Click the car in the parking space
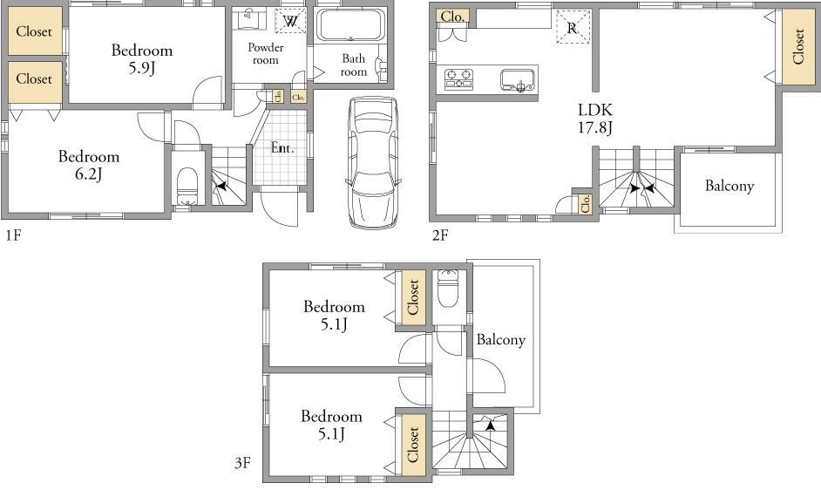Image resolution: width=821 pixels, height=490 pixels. pyautogui.click(x=372, y=162)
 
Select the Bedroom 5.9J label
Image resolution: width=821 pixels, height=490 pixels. pyautogui.click(x=142, y=58)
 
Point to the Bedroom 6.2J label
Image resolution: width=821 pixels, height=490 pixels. pyautogui.click(x=89, y=165)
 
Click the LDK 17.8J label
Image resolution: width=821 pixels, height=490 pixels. pyautogui.click(x=595, y=119)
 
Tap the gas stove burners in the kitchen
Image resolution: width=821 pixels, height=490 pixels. pyautogui.click(x=458, y=78)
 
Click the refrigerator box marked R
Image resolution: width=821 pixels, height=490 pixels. pyautogui.click(x=573, y=27)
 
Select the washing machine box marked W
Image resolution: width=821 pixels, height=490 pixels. pyautogui.click(x=291, y=21)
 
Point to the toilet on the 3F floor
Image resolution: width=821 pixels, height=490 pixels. pyautogui.click(x=448, y=289)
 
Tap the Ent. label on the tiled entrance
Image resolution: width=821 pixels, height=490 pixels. pyautogui.click(x=282, y=148)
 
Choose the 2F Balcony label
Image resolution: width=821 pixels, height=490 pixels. pyautogui.click(x=729, y=186)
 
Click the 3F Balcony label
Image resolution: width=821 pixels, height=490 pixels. pyautogui.click(x=500, y=340)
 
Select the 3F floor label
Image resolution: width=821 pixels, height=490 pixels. pyautogui.click(x=242, y=463)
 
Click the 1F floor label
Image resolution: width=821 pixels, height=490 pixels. pyautogui.click(x=14, y=235)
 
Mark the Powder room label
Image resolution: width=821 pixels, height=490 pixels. pyautogui.click(x=266, y=53)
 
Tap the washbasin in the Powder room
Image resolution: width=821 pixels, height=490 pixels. pyautogui.click(x=249, y=19)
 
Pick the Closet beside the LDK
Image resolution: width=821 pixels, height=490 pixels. pyautogui.click(x=799, y=46)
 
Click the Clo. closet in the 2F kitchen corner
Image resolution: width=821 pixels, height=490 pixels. pyautogui.click(x=453, y=17)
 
